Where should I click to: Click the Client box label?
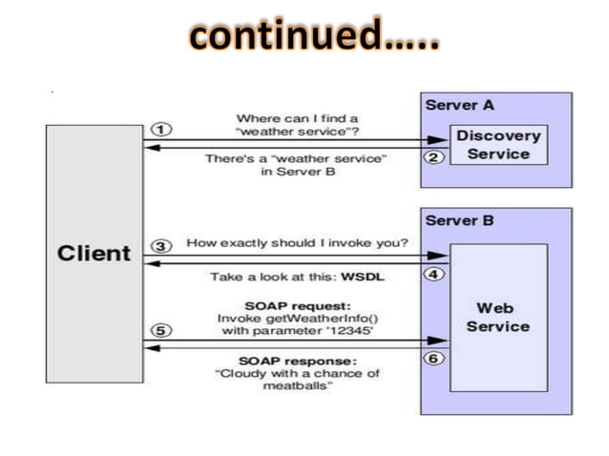pyautogui.click(x=94, y=254)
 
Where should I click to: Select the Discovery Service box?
pyautogui.click(x=497, y=144)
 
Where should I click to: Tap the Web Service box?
pyautogui.click(x=498, y=318)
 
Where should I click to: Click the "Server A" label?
pyautogui.click(x=459, y=105)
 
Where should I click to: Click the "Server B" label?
pyautogui.click(x=459, y=221)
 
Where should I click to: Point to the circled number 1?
pyautogui.click(x=161, y=129)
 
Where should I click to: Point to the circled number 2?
pyautogui.click(x=433, y=157)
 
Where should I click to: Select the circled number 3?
pyautogui.click(x=161, y=245)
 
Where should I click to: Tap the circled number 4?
pyautogui.click(x=433, y=274)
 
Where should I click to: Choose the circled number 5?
pyautogui.click(x=161, y=331)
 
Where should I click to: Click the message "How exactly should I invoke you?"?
pyautogui.click(x=297, y=244)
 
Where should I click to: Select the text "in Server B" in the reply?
pyautogui.click(x=297, y=172)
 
